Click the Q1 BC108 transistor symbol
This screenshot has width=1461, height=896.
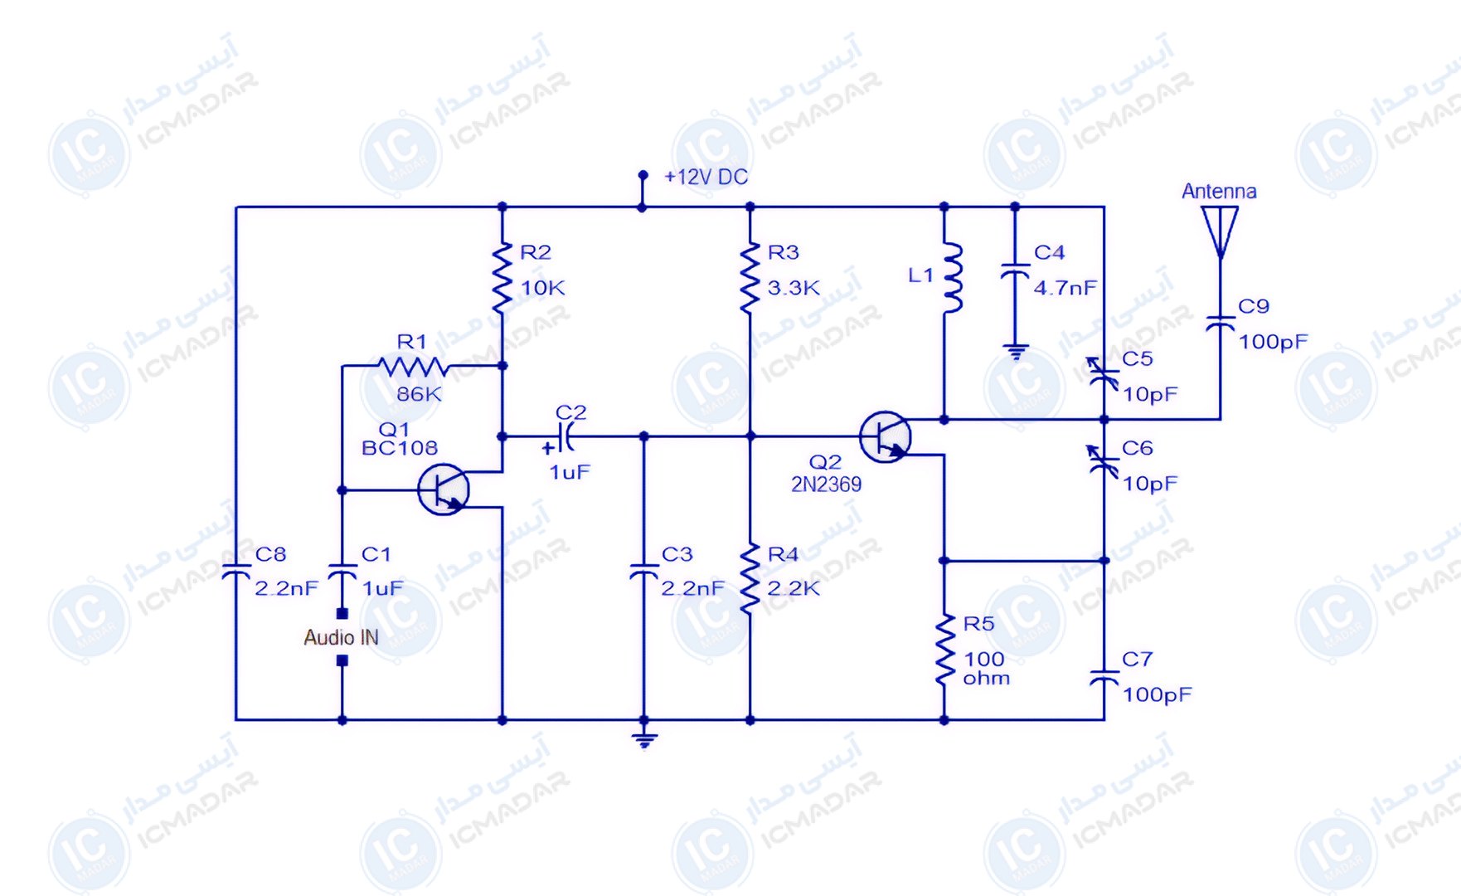[x=444, y=489]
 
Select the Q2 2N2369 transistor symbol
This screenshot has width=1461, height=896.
[x=885, y=436]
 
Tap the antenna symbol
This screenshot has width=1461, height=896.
[x=1220, y=232]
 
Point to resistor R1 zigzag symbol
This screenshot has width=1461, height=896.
[x=412, y=366]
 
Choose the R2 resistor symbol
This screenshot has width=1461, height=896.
[x=502, y=278]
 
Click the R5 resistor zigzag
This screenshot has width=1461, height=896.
[x=944, y=650]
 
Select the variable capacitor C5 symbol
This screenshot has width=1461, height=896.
[x=1104, y=375]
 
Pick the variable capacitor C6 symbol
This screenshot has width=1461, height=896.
[x=1104, y=463]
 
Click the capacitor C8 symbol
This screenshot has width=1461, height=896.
[x=236, y=572]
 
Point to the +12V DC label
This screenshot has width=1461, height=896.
[x=706, y=177]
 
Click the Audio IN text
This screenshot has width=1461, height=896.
[x=341, y=637]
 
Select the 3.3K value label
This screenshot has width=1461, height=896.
[x=793, y=288]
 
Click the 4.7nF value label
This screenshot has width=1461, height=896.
[x=1065, y=288]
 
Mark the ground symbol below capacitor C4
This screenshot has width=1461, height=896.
[x=1015, y=352]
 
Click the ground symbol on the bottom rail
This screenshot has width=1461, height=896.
[x=644, y=739]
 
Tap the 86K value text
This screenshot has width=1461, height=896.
[x=419, y=394]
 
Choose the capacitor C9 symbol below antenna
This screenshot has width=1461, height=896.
[x=1220, y=323]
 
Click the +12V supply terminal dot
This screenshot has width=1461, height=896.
[x=643, y=175]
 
